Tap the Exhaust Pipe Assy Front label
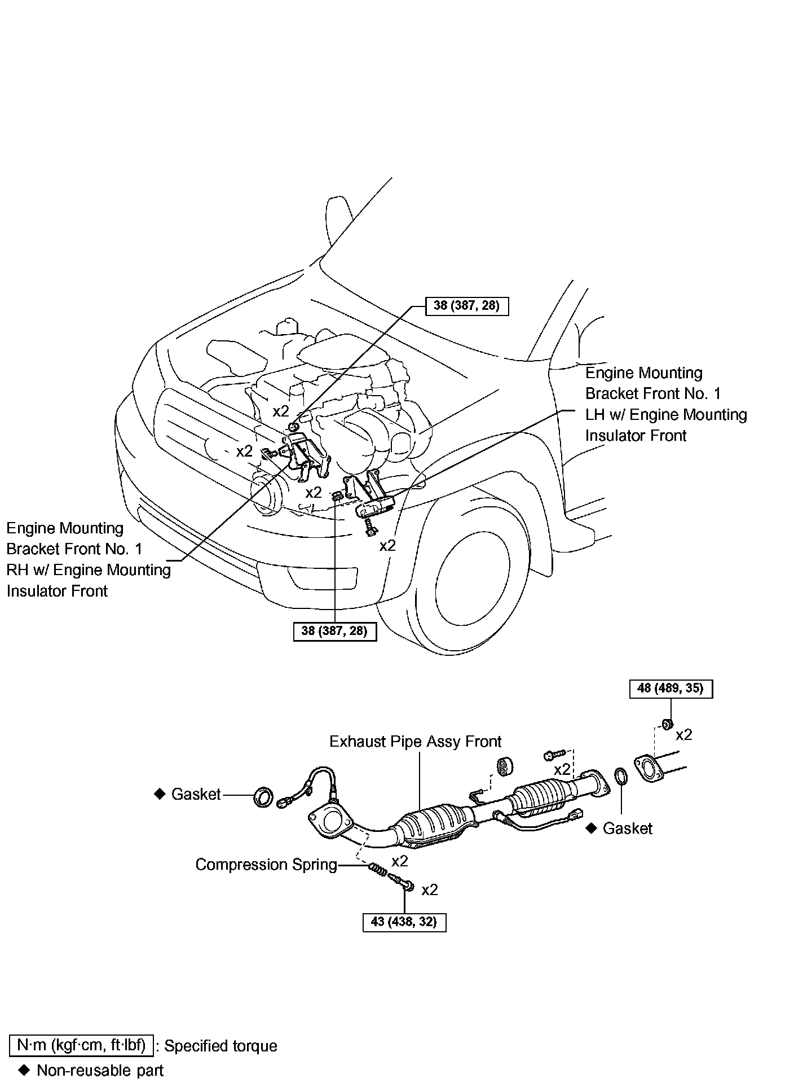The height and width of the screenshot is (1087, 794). (x=415, y=741)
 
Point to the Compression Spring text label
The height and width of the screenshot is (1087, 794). (x=266, y=865)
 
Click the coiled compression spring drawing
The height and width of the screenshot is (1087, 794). (x=377, y=870)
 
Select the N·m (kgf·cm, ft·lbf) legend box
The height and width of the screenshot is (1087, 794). (x=81, y=1046)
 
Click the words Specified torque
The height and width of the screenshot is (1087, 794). (x=220, y=1046)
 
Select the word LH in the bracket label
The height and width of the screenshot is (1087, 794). (x=594, y=415)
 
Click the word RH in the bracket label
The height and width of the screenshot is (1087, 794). (x=16, y=570)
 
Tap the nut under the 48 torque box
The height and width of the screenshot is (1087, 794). (x=665, y=724)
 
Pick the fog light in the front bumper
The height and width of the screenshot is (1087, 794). (x=322, y=577)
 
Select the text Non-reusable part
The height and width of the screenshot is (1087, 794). (x=100, y=1070)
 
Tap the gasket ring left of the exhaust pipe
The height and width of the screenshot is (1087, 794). (x=263, y=796)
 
